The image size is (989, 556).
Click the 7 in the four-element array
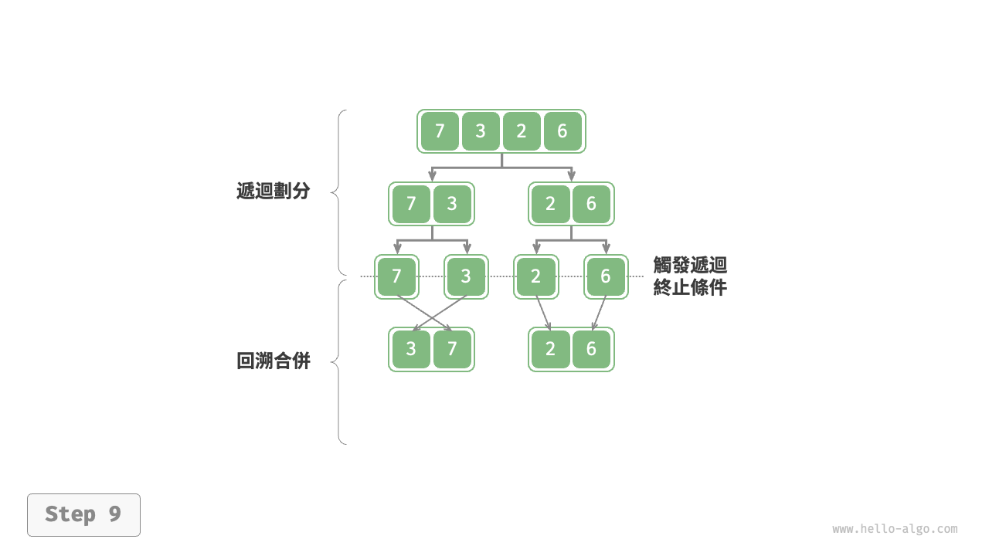(x=440, y=131)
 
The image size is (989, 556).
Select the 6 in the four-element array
(x=562, y=131)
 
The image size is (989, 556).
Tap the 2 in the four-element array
(x=522, y=131)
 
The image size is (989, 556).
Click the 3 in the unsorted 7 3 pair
(x=452, y=204)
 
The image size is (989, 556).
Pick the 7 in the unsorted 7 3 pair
(x=411, y=204)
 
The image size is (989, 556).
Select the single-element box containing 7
(x=396, y=276)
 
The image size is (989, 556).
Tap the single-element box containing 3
(x=466, y=276)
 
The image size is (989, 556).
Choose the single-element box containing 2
(x=536, y=276)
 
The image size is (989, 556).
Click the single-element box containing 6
(x=606, y=276)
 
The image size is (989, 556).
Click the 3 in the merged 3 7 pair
(x=411, y=349)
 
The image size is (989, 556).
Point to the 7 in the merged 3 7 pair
(x=452, y=349)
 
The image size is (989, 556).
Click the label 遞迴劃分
(x=273, y=192)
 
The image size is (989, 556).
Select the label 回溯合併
(x=273, y=361)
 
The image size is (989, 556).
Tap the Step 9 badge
(x=83, y=514)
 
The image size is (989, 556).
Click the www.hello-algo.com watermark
(x=895, y=529)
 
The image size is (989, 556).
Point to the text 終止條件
(x=690, y=287)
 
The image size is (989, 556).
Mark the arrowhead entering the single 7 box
(x=397, y=249)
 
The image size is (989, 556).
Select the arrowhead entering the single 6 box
(x=606, y=249)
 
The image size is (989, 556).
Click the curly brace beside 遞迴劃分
(x=338, y=192)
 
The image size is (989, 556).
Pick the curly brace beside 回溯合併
(x=338, y=361)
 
